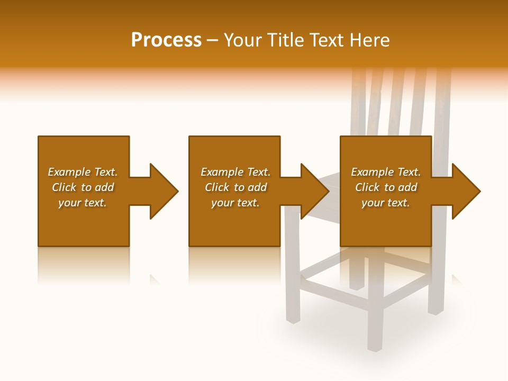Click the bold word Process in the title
pos(166,40)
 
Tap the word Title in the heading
pos(286,40)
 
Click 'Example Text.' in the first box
pos(83,172)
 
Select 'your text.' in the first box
pos(83,203)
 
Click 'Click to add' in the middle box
pos(235,187)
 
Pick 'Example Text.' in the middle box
pos(235,172)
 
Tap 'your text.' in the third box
pos(386,203)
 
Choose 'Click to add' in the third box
pos(386,187)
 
